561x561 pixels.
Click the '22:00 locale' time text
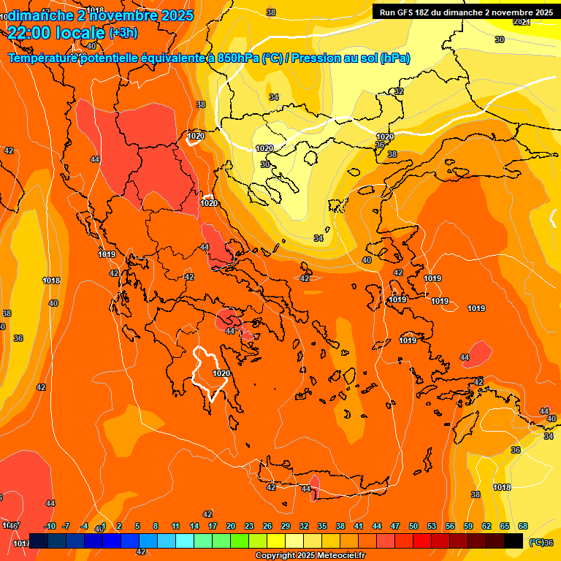[56, 32]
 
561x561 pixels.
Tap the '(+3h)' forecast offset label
[123, 33]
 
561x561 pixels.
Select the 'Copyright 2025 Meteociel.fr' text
[310, 556]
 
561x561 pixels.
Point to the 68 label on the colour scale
[523, 527]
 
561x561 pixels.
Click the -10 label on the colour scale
[50, 527]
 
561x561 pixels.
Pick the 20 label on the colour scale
[231, 527]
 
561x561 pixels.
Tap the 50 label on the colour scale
[413, 527]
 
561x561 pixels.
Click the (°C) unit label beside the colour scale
[535, 542]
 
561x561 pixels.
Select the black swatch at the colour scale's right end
[514, 541]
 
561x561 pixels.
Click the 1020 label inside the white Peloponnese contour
[221, 373]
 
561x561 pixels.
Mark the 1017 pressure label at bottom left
[21, 543]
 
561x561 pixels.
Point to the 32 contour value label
[399, 91]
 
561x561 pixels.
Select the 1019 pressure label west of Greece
[107, 254]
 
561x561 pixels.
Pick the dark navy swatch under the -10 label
[39, 541]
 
